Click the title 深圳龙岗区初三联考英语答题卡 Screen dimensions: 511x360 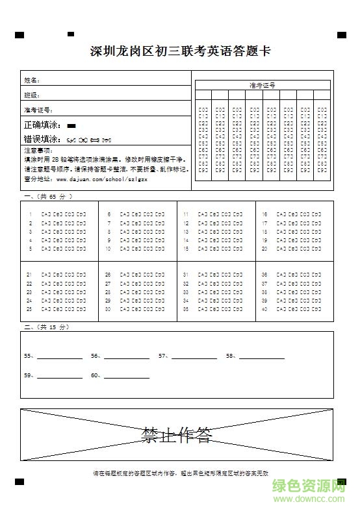click(180, 53)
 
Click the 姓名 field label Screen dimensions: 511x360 click(32, 80)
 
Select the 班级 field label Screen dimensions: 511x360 click(32, 95)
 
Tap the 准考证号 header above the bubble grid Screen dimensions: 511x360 click(262, 85)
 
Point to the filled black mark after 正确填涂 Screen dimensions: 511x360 click(71, 125)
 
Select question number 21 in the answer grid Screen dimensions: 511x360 click(29, 275)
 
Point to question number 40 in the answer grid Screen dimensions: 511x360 click(264, 309)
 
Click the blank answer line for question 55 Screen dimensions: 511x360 click(60, 357)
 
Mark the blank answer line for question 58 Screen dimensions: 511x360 click(261, 357)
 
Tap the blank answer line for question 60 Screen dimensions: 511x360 click(127, 377)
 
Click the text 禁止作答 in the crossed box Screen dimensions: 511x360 click(177, 434)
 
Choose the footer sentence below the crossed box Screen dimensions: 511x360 click(180, 473)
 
